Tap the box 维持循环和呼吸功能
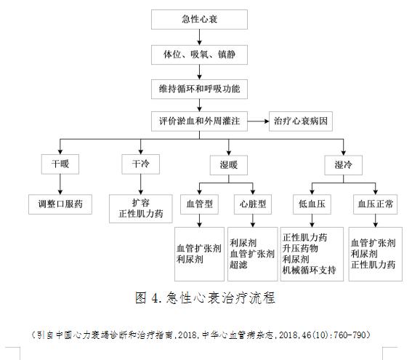tap(198, 89)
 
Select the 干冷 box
tap(140, 165)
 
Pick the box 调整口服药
tap(60, 204)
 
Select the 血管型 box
tap(198, 204)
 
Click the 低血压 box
tap(311, 204)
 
